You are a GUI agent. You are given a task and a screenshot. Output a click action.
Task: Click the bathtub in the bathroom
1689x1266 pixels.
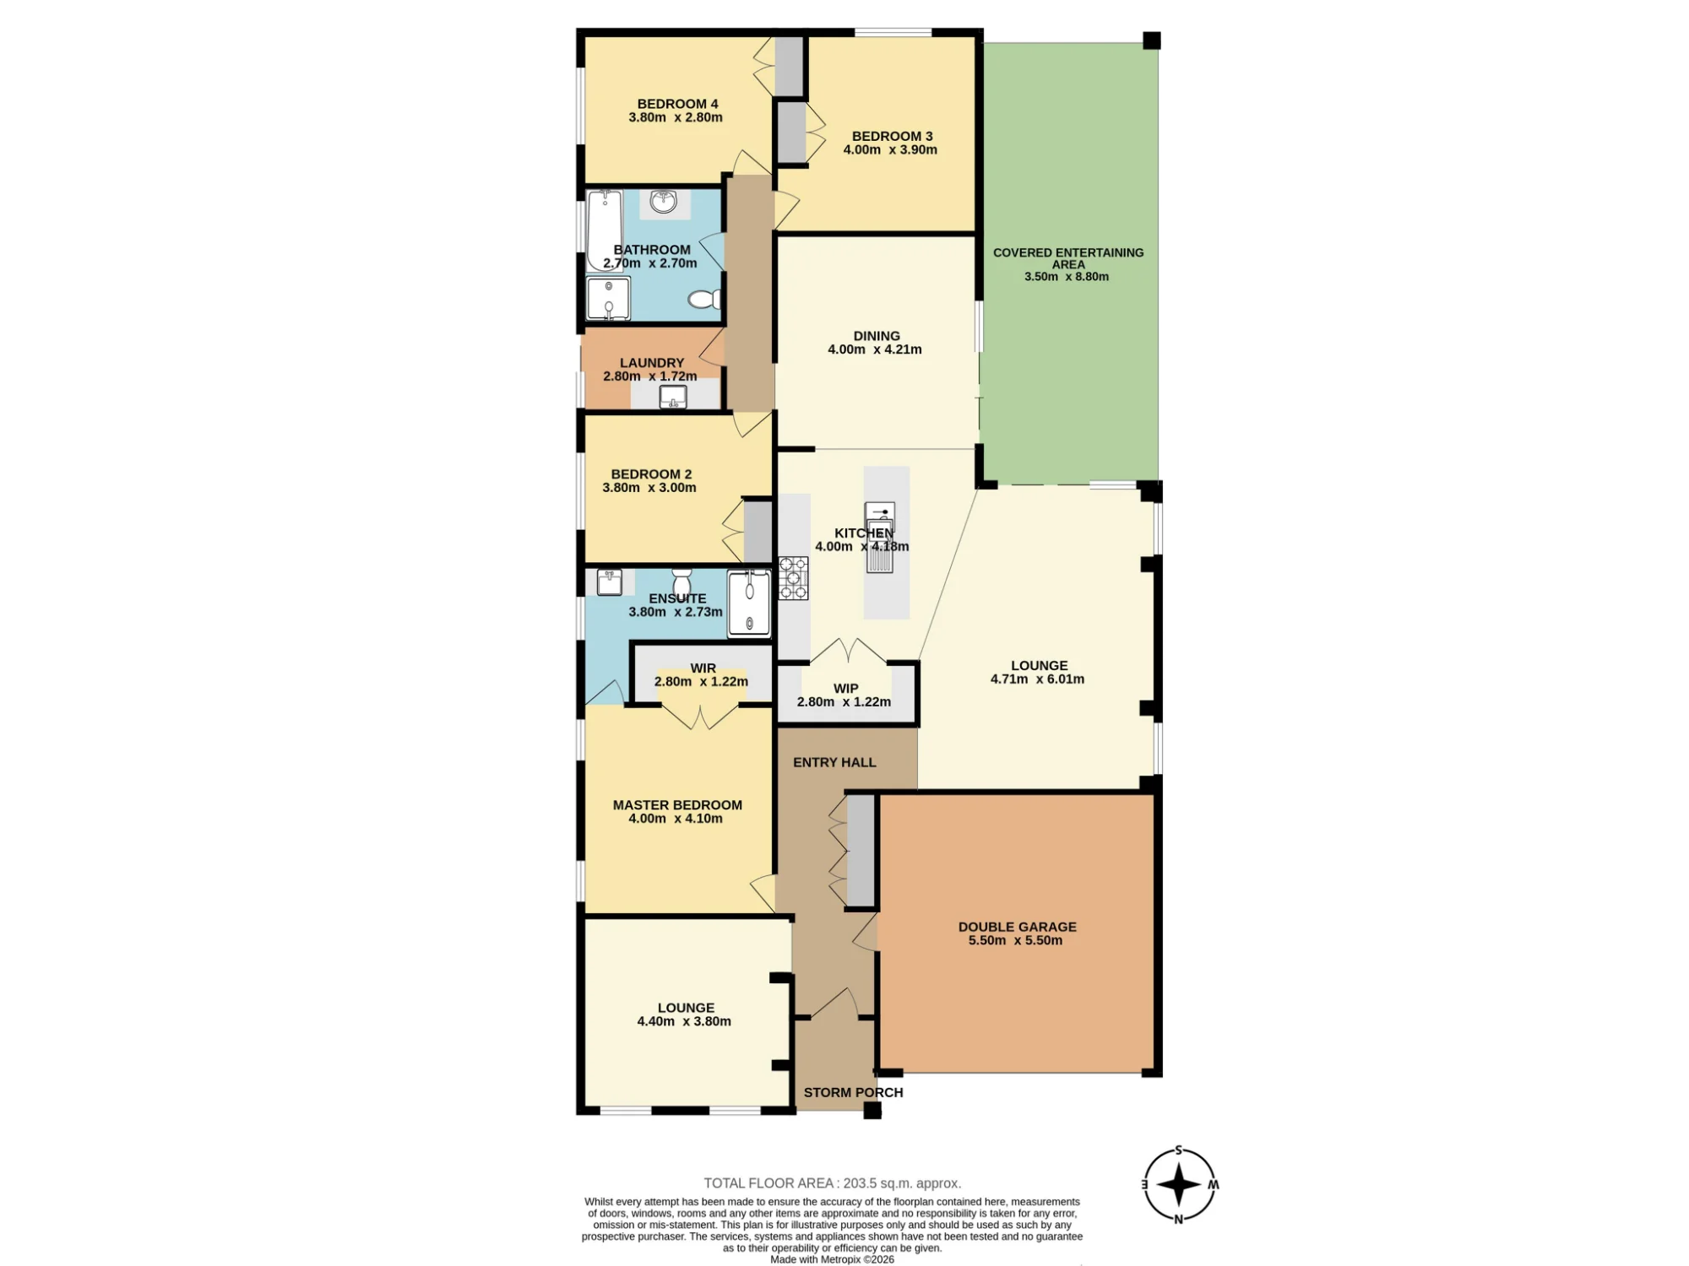(x=605, y=230)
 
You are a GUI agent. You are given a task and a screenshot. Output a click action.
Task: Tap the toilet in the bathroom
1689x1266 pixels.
(x=704, y=300)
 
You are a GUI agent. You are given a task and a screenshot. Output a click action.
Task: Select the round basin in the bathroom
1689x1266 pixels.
(x=664, y=202)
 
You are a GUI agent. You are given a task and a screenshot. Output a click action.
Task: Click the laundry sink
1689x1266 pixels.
(x=673, y=397)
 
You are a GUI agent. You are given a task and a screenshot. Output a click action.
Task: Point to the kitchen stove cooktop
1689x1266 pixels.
(x=793, y=578)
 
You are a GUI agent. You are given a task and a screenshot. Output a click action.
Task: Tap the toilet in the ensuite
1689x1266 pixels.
(x=682, y=582)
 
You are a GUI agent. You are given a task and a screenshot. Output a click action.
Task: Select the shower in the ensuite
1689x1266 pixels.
(x=749, y=603)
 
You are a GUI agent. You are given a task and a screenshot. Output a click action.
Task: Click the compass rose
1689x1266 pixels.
(x=1179, y=1185)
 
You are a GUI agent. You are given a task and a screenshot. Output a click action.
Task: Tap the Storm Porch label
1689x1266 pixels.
(x=853, y=1092)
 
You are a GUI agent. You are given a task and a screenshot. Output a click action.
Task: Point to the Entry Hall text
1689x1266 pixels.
(x=834, y=762)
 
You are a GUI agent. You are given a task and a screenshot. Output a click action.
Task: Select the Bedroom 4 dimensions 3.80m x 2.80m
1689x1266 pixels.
(x=676, y=117)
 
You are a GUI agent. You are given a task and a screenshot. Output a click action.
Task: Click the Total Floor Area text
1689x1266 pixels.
(x=833, y=1183)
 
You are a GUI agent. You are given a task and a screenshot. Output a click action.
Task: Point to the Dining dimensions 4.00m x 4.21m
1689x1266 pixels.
(x=875, y=349)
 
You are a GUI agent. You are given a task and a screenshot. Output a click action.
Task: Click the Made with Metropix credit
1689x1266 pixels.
(x=832, y=1259)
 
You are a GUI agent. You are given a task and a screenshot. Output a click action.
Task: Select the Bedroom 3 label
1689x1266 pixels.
(x=892, y=136)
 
